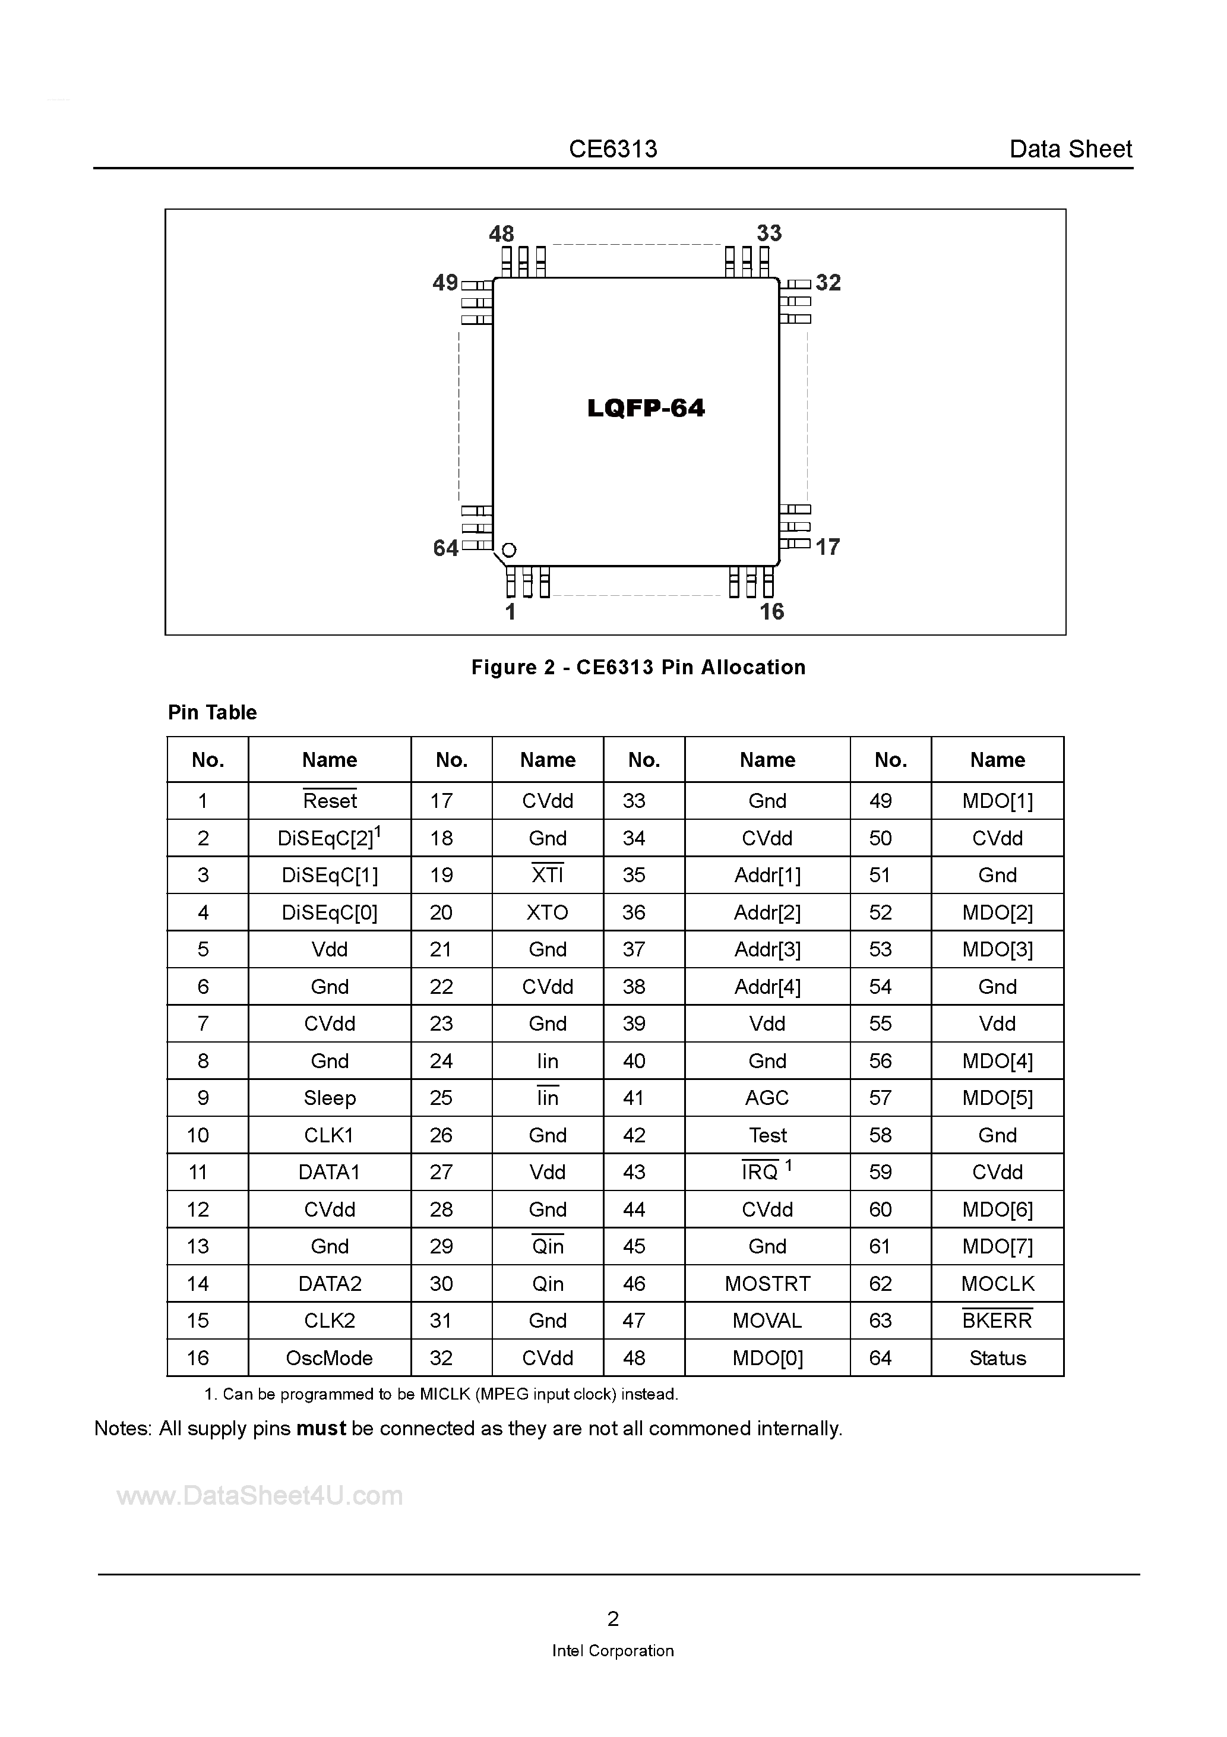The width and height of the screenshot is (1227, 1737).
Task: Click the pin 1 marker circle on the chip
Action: coord(509,550)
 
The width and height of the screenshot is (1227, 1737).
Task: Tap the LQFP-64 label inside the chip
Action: coord(646,409)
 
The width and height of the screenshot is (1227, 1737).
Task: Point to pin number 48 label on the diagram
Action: coord(501,234)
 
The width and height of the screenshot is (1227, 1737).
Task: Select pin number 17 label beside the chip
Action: coord(827,547)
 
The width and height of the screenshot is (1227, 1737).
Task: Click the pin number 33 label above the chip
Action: coord(769,233)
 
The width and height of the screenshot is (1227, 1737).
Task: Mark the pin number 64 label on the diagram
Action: coord(445,548)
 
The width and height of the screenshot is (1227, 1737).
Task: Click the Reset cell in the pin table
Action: coord(330,800)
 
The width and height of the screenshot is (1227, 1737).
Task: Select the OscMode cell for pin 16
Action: coord(330,1358)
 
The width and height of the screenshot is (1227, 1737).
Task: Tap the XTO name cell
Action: coord(547,912)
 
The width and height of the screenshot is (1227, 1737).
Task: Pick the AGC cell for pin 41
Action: coord(767,1098)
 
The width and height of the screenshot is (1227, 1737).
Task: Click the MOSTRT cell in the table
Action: coord(767,1284)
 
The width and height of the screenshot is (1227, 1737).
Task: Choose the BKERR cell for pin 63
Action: coord(997,1321)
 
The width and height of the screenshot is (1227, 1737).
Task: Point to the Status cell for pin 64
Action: coord(997,1358)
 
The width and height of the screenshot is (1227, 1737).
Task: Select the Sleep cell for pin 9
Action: coord(330,1098)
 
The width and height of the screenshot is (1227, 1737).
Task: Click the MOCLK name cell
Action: coord(997,1284)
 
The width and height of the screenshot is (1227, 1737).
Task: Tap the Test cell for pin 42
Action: coord(767,1135)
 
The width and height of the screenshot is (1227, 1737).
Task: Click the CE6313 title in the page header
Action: coord(613,149)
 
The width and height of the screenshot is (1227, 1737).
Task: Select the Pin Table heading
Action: coord(213,713)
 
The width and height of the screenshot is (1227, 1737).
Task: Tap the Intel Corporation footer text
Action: coord(613,1651)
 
